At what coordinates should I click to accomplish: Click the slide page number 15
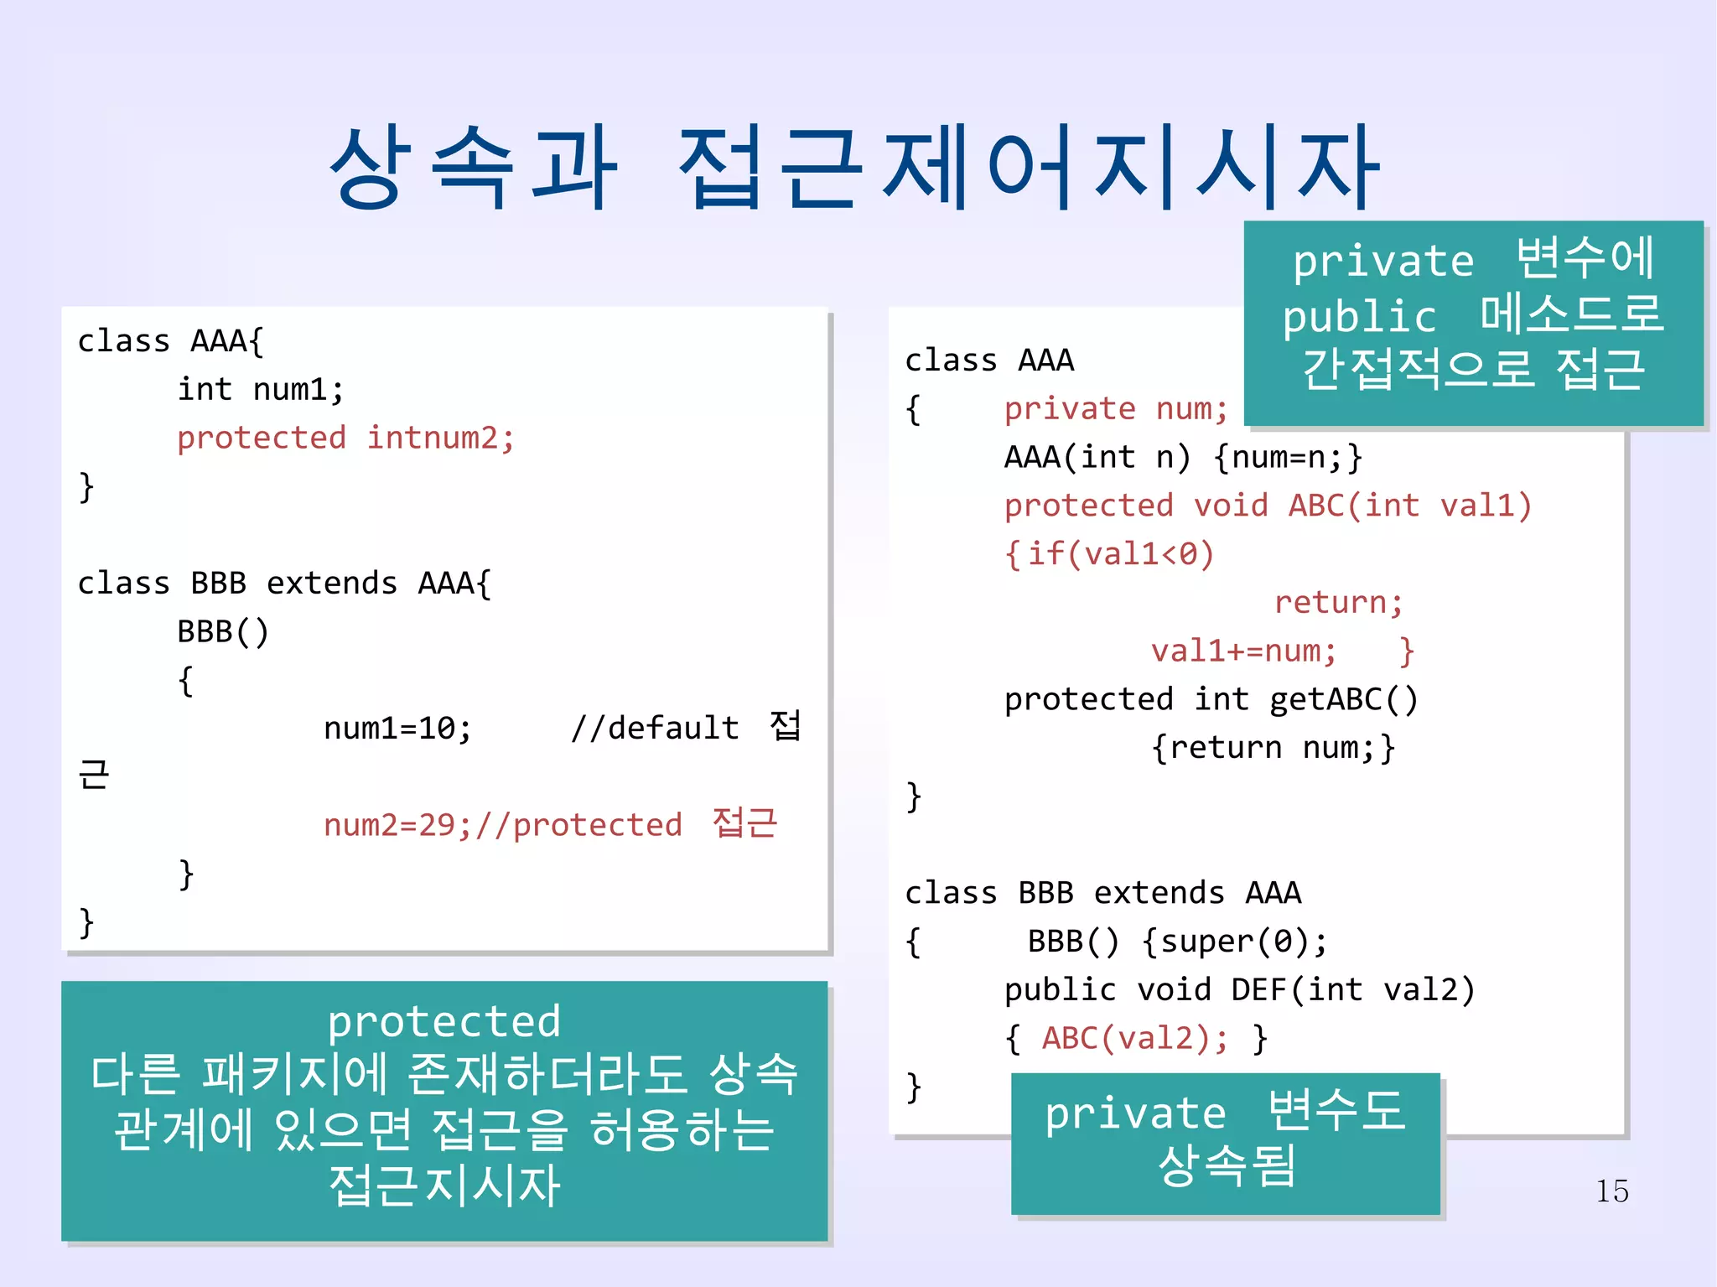tap(1611, 1191)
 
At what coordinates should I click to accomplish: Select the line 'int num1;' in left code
tap(260, 390)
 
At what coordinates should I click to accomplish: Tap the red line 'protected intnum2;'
tap(345, 438)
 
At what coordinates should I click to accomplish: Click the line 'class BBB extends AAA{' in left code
tap(284, 584)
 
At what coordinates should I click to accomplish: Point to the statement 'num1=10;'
tap(397, 729)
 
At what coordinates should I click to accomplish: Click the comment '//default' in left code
tap(655, 728)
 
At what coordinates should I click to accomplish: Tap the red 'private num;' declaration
tap(1116, 409)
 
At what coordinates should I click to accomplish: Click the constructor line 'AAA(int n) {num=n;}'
tap(1183, 458)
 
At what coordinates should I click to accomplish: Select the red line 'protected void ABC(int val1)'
tap(1268, 506)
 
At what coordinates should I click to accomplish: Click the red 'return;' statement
tap(1338, 603)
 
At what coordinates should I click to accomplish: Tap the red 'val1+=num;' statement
tap(1243, 651)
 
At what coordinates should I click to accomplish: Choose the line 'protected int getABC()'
tap(1211, 699)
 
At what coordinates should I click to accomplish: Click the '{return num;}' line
tap(1273, 748)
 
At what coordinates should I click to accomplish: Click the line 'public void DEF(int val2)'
tap(1239, 990)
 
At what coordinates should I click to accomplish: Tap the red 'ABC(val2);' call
tap(1135, 1039)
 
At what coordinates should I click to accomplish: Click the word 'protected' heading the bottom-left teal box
tap(444, 1022)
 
